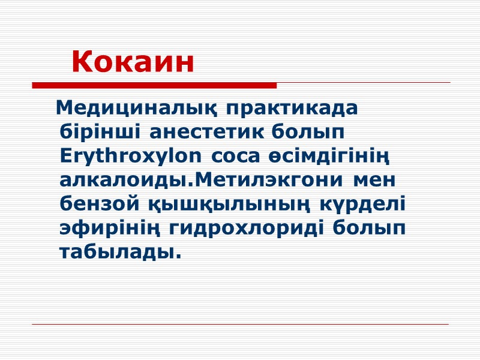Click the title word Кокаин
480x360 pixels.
(x=133, y=62)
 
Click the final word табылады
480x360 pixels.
(x=120, y=253)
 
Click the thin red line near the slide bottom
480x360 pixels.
(x=240, y=325)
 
